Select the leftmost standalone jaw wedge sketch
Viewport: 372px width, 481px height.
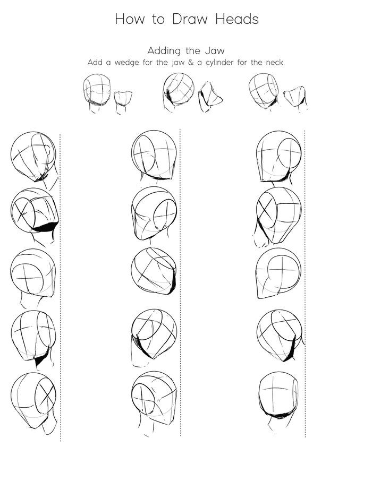pyautogui.click(x=123, y=99)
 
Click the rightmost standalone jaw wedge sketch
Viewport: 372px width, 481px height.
pyautogui.click(x=295, y=99)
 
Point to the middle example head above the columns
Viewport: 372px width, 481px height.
pyautogui.click(x=179, y=92)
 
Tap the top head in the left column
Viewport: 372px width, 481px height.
pyautogui.click(x=33, y=157)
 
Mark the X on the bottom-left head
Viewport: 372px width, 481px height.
pyautogui.click(x=46, y=394)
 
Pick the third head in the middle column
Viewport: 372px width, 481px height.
pyautogui.click(x=154, y=271)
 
